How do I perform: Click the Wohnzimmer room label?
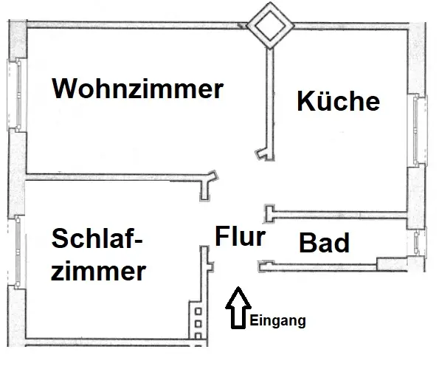(x=137, y=89)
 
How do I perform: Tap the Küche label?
(x=338, y=100)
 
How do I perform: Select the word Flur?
(x=241, y=236)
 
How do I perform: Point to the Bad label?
(x=324, y=243)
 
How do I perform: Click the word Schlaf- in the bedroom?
(x=97, y=238)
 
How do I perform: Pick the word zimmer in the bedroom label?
(x=98, y=271)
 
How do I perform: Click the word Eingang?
(x=277, y=321)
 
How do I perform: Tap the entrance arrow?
(x=238, y=308)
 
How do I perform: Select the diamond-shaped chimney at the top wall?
(x=270, y=26)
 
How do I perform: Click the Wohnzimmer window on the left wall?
(x=18, y=94)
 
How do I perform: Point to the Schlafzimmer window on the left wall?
(x=18, y=252)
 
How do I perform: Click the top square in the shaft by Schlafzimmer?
(x=198, y=311)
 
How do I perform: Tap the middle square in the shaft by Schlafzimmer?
(x=198, y=324)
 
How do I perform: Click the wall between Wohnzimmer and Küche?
(x=270, y=103)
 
